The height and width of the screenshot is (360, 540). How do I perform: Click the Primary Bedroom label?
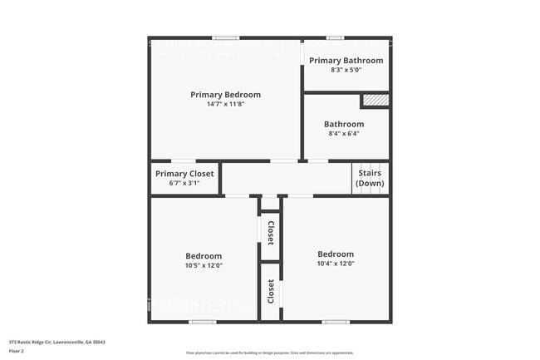225,95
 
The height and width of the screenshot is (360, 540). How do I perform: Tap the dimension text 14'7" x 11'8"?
225,105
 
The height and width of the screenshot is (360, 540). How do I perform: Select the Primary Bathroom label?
346,61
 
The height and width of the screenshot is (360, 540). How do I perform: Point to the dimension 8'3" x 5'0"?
346,70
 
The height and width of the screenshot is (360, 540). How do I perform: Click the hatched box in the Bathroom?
375,101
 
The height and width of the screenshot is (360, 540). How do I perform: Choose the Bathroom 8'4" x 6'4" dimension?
344,133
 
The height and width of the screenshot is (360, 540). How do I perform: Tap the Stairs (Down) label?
370,178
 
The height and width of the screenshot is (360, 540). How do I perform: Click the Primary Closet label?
184,174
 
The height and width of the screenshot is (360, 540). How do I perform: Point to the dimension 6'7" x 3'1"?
184,183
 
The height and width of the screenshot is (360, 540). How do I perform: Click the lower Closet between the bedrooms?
270,291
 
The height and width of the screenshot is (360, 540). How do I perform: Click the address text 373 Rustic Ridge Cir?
57,342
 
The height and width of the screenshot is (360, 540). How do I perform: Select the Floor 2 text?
17,351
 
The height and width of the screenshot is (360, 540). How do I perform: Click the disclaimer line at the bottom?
269,353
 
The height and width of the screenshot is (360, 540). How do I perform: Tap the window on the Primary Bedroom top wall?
225,38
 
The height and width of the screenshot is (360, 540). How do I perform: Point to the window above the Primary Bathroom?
335,38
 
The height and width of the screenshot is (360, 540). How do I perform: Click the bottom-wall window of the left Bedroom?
202,322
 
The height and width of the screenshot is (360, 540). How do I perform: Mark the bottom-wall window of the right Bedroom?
336,322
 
